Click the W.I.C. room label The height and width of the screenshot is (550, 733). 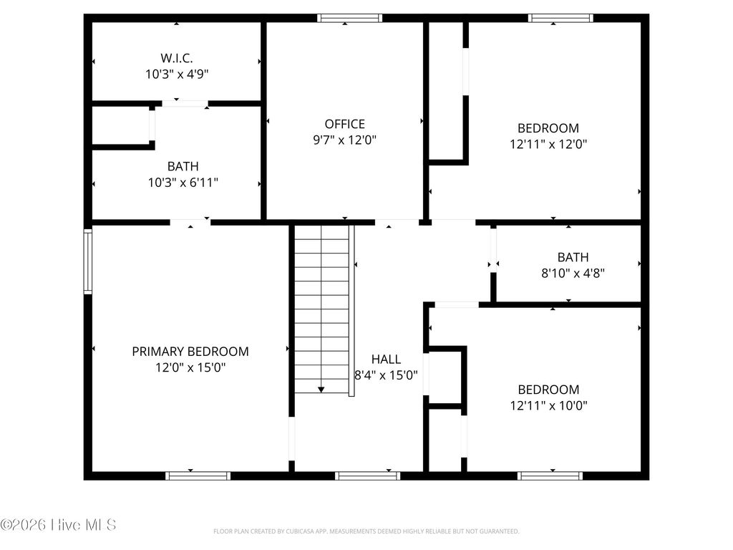point(176,57)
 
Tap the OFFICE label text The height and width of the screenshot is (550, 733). point(344,124)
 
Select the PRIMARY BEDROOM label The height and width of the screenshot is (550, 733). point(190,351)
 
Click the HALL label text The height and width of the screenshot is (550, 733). point(386,359)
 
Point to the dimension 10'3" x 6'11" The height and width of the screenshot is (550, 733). point(183,182)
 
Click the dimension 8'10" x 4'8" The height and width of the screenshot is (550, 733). point(573,272)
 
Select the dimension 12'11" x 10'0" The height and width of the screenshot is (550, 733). point(548,405)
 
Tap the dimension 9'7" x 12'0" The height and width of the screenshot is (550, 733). point(344,140)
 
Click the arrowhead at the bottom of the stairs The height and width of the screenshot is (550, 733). point(321,389)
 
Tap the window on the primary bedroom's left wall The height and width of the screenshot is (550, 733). point(88,261)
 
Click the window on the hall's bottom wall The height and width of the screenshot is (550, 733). point(367,475)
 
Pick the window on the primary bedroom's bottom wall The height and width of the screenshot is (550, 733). point(198,475)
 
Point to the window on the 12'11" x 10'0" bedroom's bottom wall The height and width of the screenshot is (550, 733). point(550,475)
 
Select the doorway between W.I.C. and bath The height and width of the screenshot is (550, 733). point(185,104)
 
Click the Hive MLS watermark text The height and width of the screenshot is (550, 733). point(59,525)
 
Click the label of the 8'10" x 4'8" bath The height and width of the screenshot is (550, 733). point(573,256)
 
